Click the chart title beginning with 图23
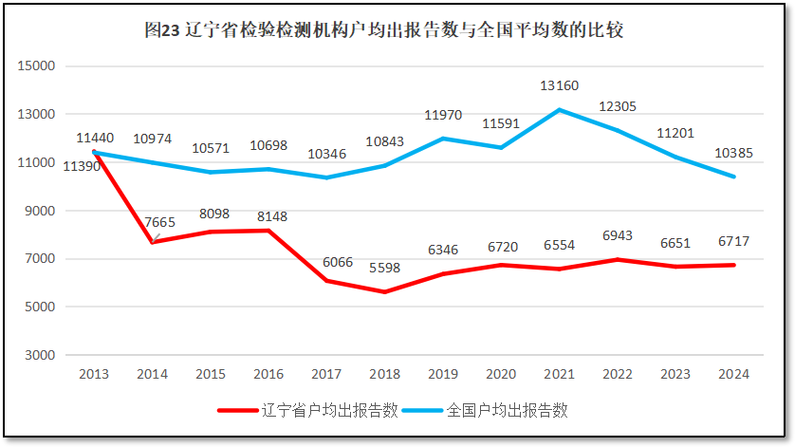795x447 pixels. (383, 30)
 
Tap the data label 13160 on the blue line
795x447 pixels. (559, 86)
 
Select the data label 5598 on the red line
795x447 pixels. (383, 268)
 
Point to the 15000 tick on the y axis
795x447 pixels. (39, 66)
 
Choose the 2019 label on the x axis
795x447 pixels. (443, 374)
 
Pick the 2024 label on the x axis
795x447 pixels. (733, 374)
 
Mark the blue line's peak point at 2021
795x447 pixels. (559, 110)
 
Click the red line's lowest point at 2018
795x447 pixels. (384, 291)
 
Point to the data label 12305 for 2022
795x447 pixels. (618, 106)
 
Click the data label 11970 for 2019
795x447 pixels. (443, 115)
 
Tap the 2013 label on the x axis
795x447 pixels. (94, 374)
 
